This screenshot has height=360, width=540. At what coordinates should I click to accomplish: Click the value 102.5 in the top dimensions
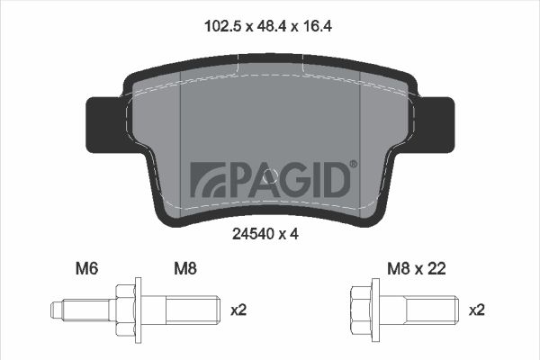(x=224, y=26)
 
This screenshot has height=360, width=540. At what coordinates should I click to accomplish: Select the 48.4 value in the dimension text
(x=272, y=26)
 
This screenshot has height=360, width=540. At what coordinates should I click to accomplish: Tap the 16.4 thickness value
(x=317, y=26)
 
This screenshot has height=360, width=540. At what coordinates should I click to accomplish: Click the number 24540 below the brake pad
(x=253, y=234)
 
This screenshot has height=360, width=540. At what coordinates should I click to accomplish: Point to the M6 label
(x=86, y=269)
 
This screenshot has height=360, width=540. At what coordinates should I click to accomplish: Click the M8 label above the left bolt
(x=185, y=269)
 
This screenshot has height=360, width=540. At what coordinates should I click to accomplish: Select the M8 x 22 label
(x=417, y=269)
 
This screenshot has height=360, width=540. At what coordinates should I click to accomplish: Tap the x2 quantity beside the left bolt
(x=238, y=310)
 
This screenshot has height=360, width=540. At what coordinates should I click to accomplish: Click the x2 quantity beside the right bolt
(x=477, y=310)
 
